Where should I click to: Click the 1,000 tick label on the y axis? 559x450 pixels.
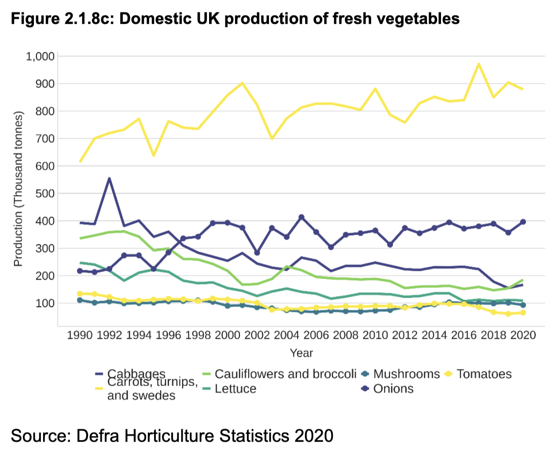[x=40, y=56]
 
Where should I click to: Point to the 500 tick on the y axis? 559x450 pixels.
[x=45, y=193]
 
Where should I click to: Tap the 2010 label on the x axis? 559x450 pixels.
[x=375, y=335]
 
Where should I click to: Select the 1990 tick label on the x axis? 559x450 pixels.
[x=80, y=335]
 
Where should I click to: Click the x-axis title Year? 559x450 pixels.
[x=301, y=353]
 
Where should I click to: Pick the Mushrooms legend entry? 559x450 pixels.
[x=406, y=374]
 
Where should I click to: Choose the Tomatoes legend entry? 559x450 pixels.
[x=484, y=374]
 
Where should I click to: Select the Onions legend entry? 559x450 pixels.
[x=393, y=389]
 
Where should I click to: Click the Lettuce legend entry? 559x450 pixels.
[x=235, y=389]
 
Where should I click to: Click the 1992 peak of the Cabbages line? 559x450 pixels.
[x=109, y=178]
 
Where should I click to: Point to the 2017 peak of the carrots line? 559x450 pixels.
[x=478, y=64]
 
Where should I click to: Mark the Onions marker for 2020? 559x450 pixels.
[x=523, y=222]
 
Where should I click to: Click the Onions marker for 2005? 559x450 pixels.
[x=302, y=217]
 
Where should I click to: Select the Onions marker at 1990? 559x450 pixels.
[x=80, y=271]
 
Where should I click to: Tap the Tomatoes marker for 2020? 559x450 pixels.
[x=523, y=313]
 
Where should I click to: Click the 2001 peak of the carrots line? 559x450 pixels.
[x=242, y=83]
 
